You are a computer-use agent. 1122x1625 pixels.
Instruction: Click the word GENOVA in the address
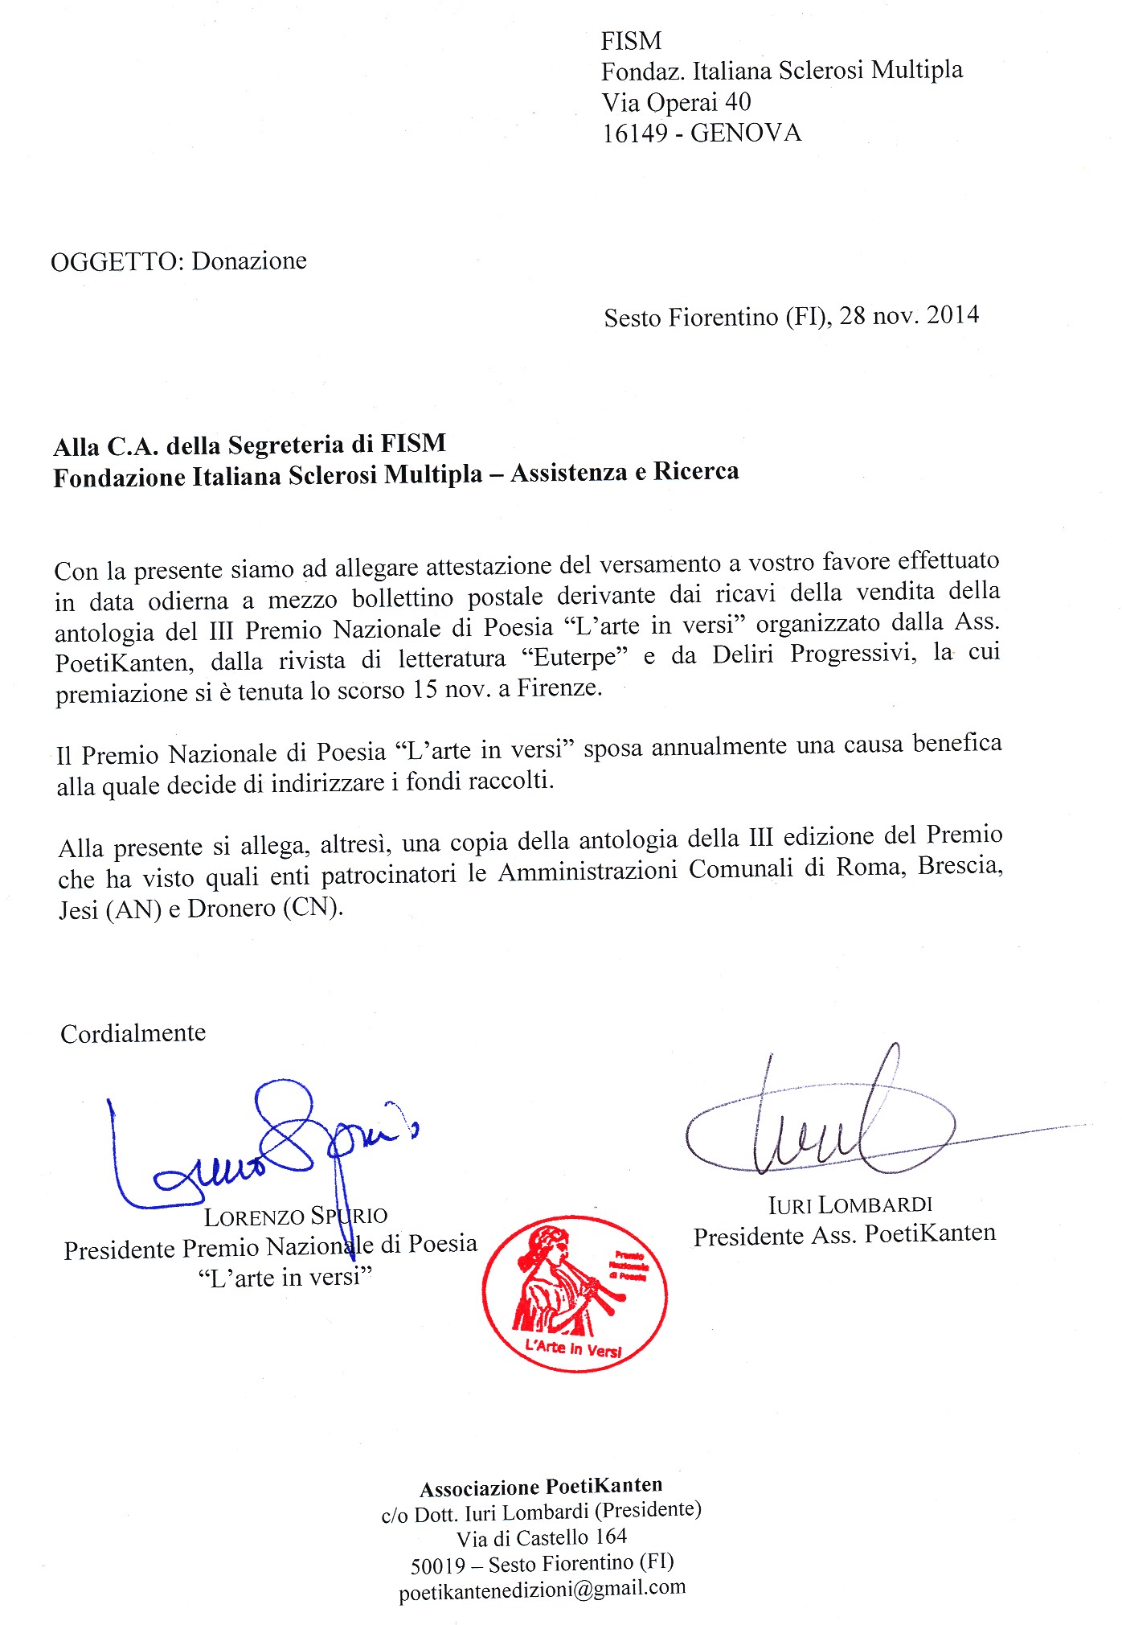pos(746,133)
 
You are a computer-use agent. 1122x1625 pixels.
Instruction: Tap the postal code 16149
pos(634,133)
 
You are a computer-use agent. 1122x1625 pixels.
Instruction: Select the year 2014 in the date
pos(952,314)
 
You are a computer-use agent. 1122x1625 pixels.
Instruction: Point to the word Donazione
pos(249,261)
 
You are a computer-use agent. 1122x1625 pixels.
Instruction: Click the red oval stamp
pos(575,1294)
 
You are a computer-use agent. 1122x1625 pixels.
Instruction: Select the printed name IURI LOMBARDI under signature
pos(850,1204)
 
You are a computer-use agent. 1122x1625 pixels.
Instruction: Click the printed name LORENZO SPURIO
pos(295,1217)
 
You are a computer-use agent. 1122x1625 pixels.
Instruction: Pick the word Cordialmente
pos(133,1033)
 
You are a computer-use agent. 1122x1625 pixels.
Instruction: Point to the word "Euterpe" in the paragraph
pos(575,658)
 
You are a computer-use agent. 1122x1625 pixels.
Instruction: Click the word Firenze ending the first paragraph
pos(559,688)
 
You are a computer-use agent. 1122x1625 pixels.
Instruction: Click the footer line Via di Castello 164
pos(542,1537)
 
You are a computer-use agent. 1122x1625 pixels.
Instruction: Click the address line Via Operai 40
pos(676,102)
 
